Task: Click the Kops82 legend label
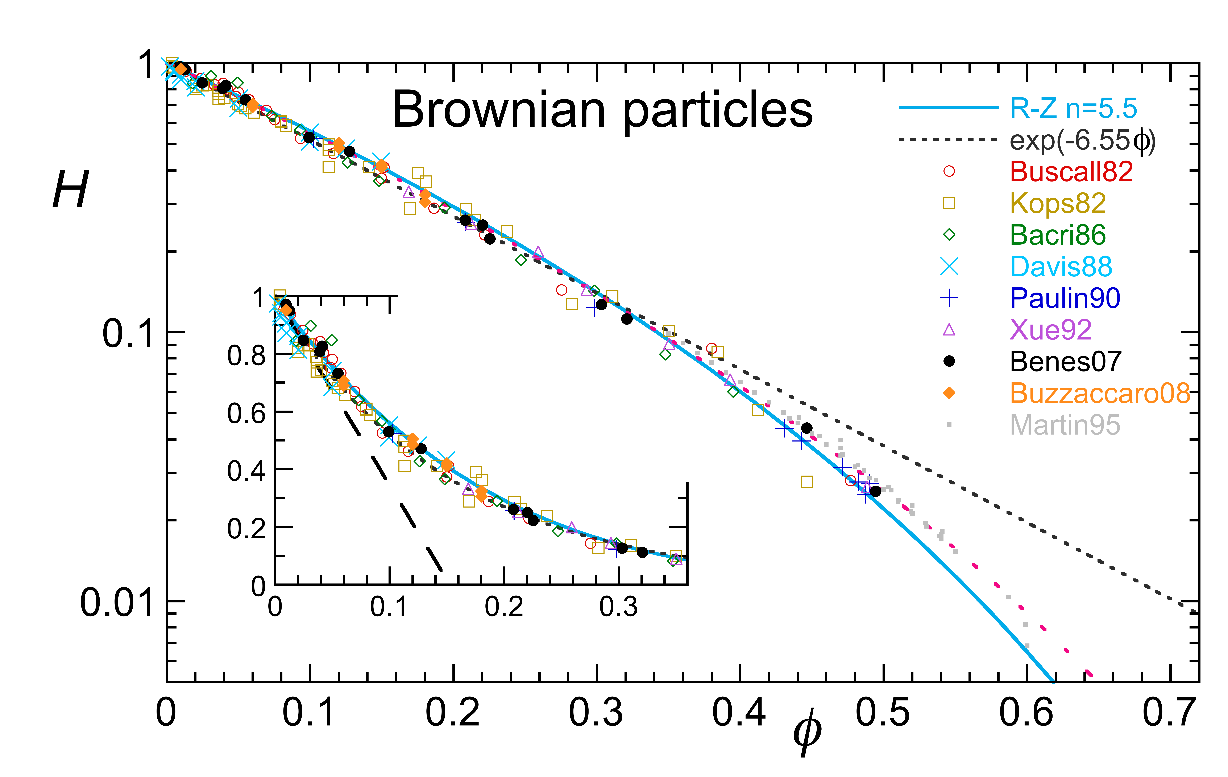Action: pos(1058,203)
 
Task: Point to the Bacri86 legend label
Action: pos(1058,235)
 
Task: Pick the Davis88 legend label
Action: pos(1061,266)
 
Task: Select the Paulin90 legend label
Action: pos(1065,298)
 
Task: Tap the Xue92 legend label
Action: pos(1050,330)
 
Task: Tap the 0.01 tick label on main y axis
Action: pos(117,603)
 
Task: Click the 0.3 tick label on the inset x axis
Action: pos(618,607)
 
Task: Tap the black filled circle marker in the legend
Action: pos(949,361)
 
